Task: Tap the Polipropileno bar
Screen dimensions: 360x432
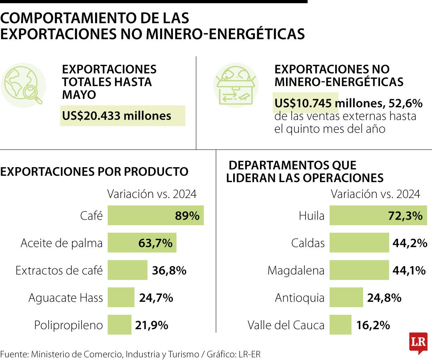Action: [119, 324]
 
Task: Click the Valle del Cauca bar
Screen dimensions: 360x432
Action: [340, 324]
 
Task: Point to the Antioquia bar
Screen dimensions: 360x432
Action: [346, 297]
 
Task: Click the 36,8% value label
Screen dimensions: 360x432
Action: [169, 270]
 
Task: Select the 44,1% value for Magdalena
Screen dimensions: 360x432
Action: [409, 270]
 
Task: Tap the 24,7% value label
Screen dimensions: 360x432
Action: [156, 298]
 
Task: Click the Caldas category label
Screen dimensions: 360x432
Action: [308, 243]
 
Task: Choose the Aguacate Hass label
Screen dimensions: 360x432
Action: [66, 298]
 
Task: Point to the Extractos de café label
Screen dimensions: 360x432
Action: [59, 270]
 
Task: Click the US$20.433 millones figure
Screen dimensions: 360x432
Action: [116, 116]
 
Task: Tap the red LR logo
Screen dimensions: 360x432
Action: [418, 342]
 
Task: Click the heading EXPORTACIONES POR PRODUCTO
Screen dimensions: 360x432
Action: [94, 172]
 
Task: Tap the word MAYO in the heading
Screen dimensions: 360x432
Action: [79, 95]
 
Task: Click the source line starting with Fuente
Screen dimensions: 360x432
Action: [132, 354]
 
